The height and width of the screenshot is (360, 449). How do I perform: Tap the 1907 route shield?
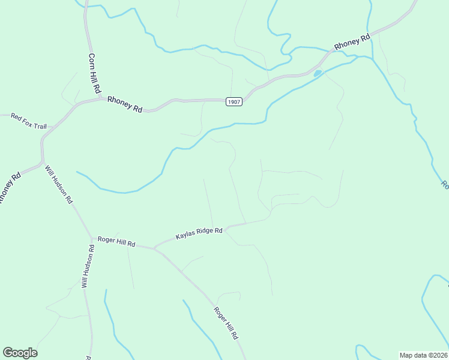click(234, 102)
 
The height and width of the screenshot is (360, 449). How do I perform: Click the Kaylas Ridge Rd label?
click(199, 233)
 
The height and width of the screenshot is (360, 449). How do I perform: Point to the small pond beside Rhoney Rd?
click(318, 74)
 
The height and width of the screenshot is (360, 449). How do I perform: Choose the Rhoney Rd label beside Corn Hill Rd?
click(125, 105)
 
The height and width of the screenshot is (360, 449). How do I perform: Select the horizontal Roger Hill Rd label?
click(117, 243)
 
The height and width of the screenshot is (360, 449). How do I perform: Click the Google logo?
click(20, 353)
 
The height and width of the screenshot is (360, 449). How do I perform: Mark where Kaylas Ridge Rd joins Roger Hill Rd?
click(155, 247)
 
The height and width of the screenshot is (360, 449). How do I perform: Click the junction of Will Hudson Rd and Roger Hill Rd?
click(91, 239)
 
